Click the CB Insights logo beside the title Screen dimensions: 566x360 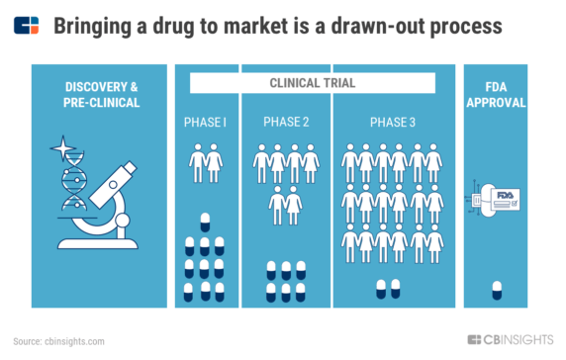(x=28, y=25)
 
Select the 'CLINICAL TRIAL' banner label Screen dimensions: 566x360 (x=314, y=84)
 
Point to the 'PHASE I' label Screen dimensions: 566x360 (x=206, y=122)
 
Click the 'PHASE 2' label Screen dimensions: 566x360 (x=286, y=122)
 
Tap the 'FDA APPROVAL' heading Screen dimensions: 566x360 (x=496, y=92)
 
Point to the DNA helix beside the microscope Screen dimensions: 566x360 (x=71, y=185)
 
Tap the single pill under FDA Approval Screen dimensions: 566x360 (x=497, y=288)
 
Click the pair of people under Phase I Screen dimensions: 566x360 (x=206, y=165)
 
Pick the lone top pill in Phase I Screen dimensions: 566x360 (x=206, y=221)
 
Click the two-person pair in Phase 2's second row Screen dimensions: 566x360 (x=286, y=204)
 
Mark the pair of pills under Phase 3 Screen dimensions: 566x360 (x=388, y=288)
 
